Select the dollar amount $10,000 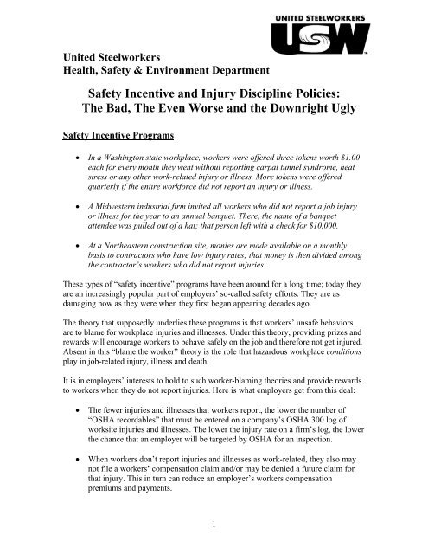(x=315, y=226)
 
